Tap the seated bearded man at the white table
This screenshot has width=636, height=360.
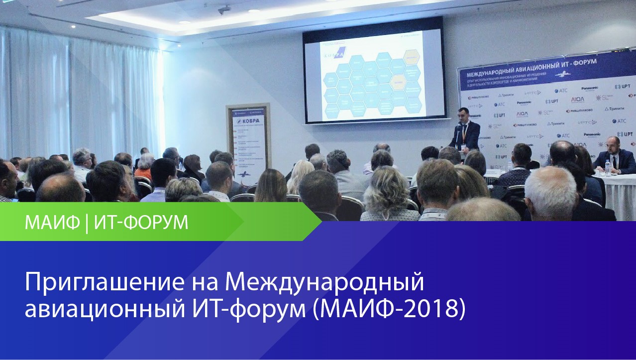615,157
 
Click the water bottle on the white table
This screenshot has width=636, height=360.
607,168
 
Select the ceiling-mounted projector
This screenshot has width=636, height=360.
224,9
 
